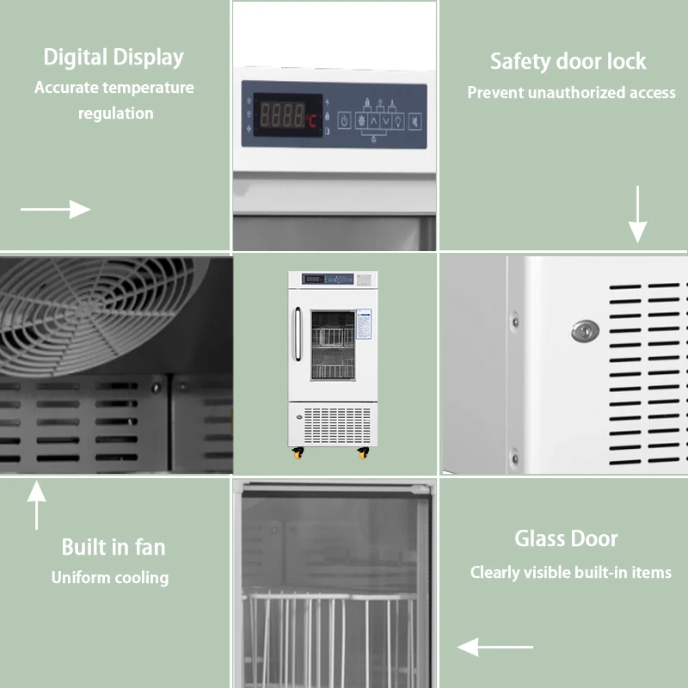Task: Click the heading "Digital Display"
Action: (x=114, y=58)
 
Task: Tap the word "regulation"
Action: (x=116, y=114)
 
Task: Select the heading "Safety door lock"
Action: (x=568, y=62)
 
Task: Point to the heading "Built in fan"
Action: (x=114, y=547)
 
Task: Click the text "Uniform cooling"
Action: (x=110, y=578)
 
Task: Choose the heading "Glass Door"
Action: (x=566, y=539)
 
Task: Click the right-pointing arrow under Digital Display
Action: (x=56, y=209)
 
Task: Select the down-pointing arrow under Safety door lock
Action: (x=637, y=214)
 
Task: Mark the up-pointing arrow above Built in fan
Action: (x=36, y=506)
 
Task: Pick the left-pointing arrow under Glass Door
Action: (x=495, y=647)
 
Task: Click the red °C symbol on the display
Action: (x=312, y=121)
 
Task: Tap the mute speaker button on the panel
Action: (x=415, y=120)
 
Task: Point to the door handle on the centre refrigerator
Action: (x=297, y=335)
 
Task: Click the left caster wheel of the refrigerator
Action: (x=298, y=453)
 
